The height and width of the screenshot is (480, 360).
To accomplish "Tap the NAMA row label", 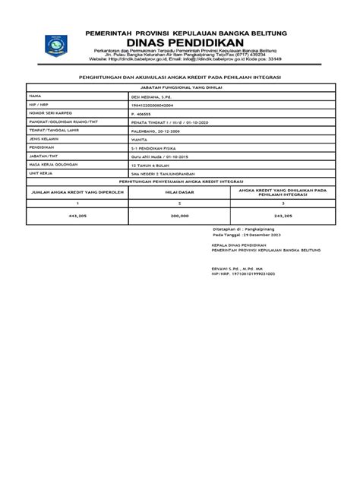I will point(34,97).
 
